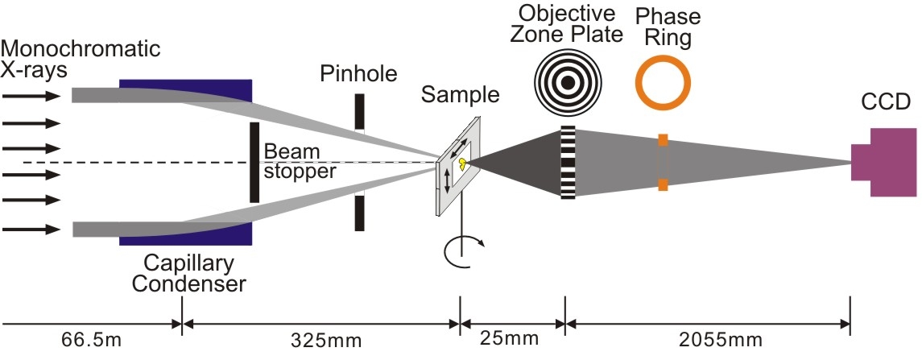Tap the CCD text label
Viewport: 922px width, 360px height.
(x=886, y=101)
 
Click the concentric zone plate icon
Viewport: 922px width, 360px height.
(x=567, y=83)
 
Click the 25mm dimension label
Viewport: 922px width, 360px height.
(x=509, y=339)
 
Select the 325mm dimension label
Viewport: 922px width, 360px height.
(x=327, y=340)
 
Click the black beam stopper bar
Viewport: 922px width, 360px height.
(x=254, y=163)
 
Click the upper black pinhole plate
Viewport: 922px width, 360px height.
(x=359, y=112)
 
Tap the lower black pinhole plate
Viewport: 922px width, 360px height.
(x=359, y=213)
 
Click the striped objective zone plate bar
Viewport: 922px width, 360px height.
(x=568, y=163)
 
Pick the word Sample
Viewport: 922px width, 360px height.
(x=461, y=94)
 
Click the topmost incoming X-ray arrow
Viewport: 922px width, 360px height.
(x=31, y=96)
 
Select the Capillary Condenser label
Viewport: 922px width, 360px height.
(x=188, y=274)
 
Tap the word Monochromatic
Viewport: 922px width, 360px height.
(x=81, y=48)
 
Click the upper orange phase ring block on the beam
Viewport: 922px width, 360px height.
(x=663, y=140)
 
